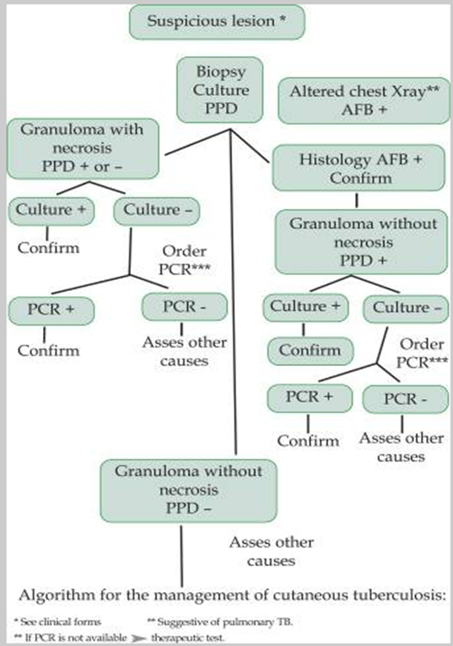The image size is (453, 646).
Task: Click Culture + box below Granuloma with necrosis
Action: point(50,210)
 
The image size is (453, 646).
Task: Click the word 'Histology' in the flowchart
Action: point(327,160)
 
